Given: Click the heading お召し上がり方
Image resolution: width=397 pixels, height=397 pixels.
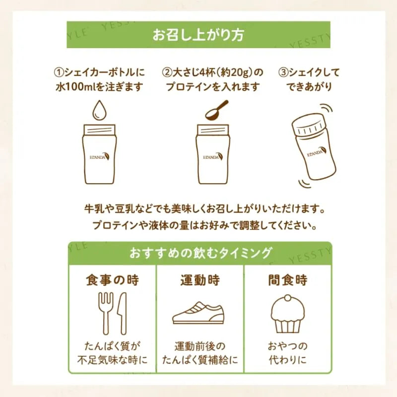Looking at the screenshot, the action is tap(198, 35).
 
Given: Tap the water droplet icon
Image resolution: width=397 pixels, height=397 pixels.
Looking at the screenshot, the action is tap(100, 110).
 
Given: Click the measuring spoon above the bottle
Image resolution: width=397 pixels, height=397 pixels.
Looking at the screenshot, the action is tap(216, 110).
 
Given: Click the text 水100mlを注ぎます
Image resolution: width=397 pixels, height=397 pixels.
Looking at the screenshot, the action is tap(99, 87).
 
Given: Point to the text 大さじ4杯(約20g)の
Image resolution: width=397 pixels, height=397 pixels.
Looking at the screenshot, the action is tap(213, 73).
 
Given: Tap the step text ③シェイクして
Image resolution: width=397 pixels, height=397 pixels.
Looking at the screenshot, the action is tap(309, 73).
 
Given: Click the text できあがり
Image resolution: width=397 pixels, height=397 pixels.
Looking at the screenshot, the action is tap(309, 87).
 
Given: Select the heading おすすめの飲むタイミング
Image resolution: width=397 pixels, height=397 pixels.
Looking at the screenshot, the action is tap(200, 253).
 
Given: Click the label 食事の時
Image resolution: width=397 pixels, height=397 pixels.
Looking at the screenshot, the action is tap(113, 280).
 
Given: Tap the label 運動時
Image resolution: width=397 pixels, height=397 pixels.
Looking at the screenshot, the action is tap(200, 280).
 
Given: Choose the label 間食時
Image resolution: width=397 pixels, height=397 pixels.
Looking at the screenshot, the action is tap(288, 280).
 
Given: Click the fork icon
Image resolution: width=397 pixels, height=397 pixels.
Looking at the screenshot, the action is tap(105, 314).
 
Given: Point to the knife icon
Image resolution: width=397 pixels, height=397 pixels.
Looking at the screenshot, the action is tap(122, 314).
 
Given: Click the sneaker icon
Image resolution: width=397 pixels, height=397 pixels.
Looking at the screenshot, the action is tap(198, 313).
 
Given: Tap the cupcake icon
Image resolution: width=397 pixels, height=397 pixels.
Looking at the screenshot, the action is tap(288, 314).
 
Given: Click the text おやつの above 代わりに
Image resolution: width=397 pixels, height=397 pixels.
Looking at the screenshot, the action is tap(288, 346).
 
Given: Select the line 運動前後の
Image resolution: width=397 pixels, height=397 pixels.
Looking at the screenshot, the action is tap(200, 346).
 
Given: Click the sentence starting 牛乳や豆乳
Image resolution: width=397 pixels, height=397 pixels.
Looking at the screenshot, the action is tap(204, 209).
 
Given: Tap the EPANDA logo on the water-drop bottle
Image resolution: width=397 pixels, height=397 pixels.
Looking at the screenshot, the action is tap(100, 157).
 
